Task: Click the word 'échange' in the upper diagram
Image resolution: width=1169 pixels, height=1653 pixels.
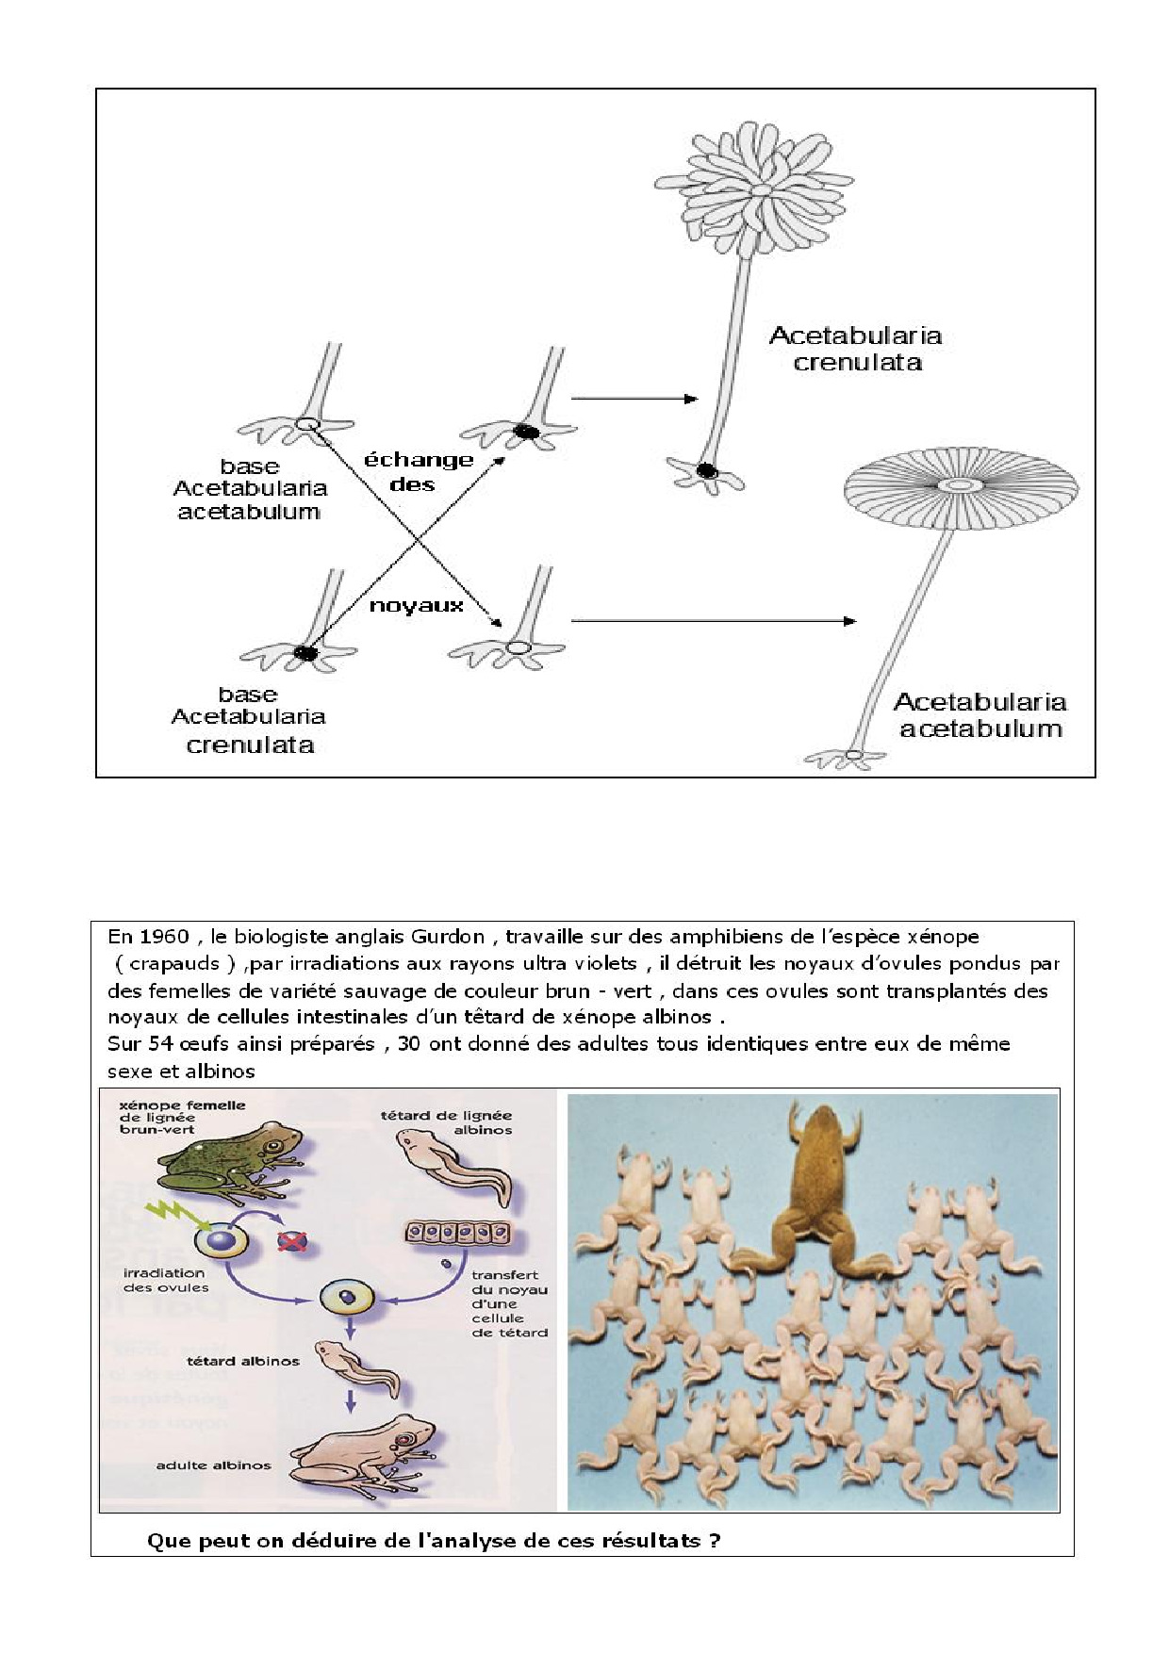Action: pyautogui.click(x=418, y=460)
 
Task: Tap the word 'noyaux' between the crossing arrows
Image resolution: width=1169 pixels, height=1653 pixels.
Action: pyautogui.click(x=416, y=605)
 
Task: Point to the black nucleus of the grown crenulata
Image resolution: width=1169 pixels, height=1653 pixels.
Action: pyautogui.click(x=705, y=470)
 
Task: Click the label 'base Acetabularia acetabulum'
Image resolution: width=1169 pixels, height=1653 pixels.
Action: pyautogui.click(x=250, y=489)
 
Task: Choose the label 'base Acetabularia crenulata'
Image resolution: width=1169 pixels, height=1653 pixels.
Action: pyautogui.click(x=249, y=719)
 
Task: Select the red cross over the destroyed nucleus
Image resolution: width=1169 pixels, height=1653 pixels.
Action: pyautogui.click(x=292, y=1240)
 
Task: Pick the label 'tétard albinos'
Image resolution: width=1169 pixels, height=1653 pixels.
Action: pyautogui.click(x=243, y=1361)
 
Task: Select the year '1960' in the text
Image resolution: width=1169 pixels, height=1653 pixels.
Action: pyautogui.click(x=164, y=937)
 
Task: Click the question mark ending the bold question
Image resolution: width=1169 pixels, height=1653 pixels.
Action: pyautogui.click(x=715, y=1541)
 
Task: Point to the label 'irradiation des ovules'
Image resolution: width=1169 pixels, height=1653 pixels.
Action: pyautogui.click(x=166, y=1280)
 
